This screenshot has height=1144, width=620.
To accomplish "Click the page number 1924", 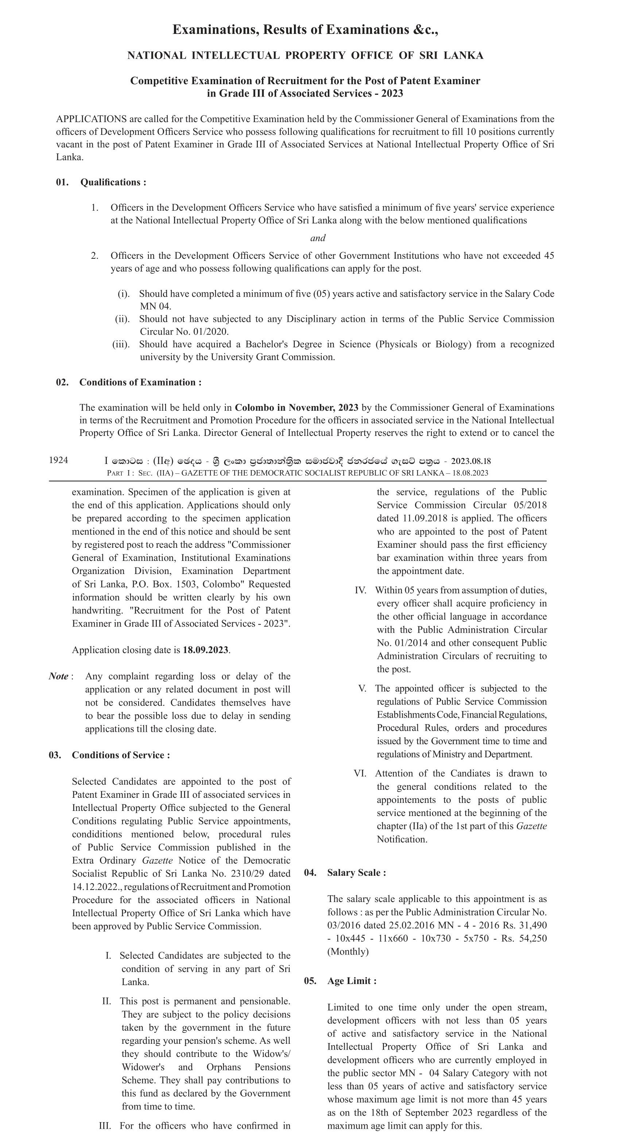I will (58, 460).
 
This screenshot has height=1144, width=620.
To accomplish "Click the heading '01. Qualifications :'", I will (101, 182).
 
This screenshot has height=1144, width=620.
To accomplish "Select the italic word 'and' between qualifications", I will (318, 238).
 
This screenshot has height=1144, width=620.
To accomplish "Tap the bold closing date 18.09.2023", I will (206, 650).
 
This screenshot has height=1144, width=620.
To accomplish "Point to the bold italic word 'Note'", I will (59, 676).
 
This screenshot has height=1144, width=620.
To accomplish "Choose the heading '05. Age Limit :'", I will (340, 981).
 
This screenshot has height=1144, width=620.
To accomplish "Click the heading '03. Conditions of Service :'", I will (109, 755).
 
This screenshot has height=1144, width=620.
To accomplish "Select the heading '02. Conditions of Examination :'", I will (128, 382).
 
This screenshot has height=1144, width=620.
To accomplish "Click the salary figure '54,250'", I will (532, 938).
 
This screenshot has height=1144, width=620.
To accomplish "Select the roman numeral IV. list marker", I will (360, 590).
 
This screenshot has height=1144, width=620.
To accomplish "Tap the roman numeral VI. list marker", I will (360, 773).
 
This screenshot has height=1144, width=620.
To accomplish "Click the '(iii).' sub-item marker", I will (121, 344).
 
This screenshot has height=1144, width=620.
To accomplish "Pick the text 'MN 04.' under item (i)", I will (156, 307).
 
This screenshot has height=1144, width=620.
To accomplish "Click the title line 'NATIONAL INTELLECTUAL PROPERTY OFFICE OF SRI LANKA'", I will (305, 55).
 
